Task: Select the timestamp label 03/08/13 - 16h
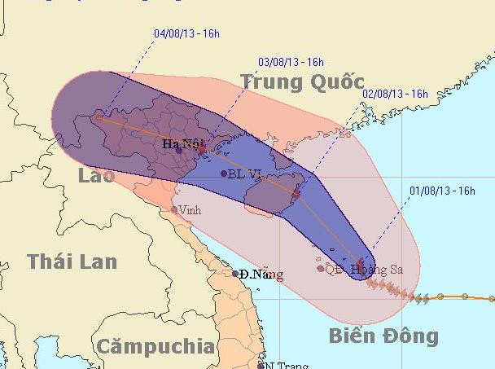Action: (291, 61)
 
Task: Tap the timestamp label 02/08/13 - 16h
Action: (395, 94)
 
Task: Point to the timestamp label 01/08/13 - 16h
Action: (443, 191)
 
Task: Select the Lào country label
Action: (96, 177)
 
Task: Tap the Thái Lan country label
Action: (72, 261)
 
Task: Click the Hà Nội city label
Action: (181, 144)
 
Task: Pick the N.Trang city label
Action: (285, 365)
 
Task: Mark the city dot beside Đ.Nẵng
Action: (235, 274)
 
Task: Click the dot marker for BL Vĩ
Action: (224, 173)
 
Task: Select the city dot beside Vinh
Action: (174, 210)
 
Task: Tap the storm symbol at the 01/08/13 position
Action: (361, 263)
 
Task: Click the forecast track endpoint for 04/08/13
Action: (99, 116)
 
